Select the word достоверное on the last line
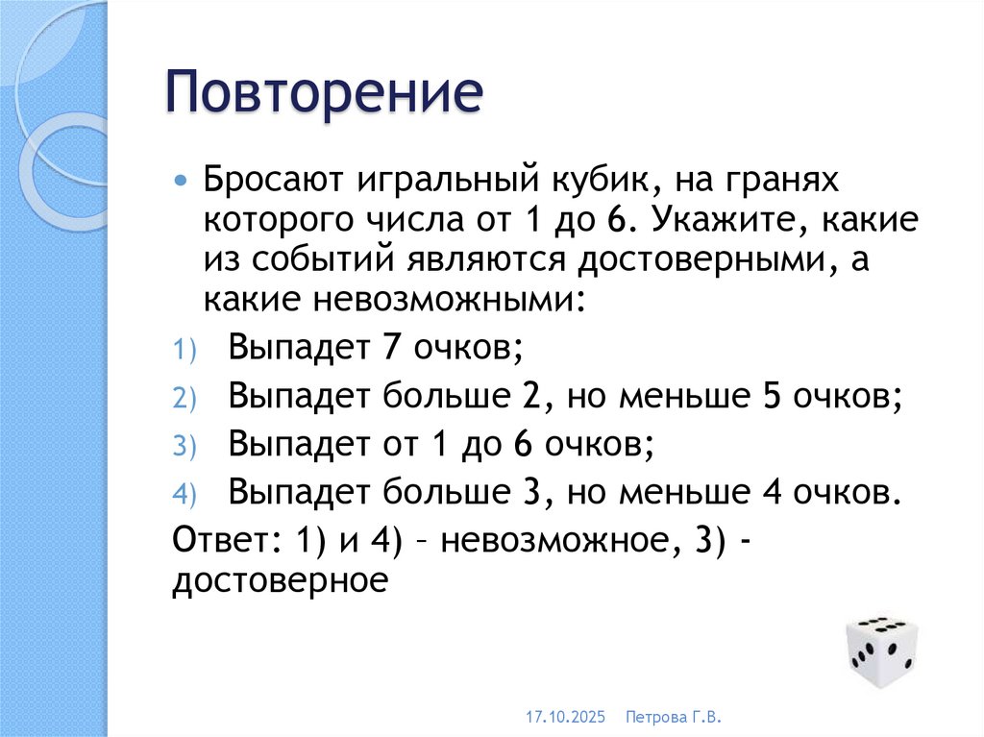[280, 582]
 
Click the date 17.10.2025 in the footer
[566, 717]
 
